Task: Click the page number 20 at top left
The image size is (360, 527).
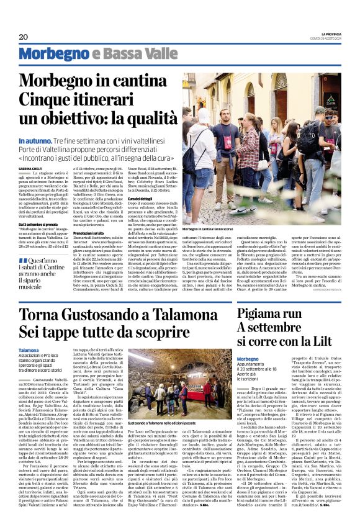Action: click(24, 37)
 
